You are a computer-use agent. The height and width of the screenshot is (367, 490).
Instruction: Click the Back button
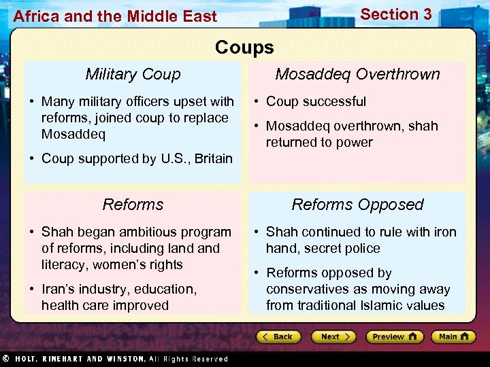[279, 336]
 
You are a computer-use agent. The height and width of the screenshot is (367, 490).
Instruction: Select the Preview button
[394, 336]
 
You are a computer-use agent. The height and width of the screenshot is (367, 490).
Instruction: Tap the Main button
[453, 336]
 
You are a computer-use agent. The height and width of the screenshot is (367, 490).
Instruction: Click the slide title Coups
[244, 47]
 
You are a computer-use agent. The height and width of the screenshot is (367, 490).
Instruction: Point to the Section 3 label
[395, 14]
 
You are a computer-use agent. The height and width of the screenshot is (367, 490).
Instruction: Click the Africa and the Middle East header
[115, 16]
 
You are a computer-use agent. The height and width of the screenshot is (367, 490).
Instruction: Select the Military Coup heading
[133, 74]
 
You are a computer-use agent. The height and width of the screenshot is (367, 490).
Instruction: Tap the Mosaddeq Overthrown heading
[357, 74]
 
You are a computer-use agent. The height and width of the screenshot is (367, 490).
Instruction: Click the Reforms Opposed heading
[357, 205]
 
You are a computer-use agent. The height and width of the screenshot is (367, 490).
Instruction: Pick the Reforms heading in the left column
[133, 205]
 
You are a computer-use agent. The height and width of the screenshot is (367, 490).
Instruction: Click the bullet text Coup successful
[316, 101]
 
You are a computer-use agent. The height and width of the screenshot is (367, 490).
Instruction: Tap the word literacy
[64, 264]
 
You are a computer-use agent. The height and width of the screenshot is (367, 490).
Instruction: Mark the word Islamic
[384, 305]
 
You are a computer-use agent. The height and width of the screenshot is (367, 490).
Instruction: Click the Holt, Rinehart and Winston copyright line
[116, 359]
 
